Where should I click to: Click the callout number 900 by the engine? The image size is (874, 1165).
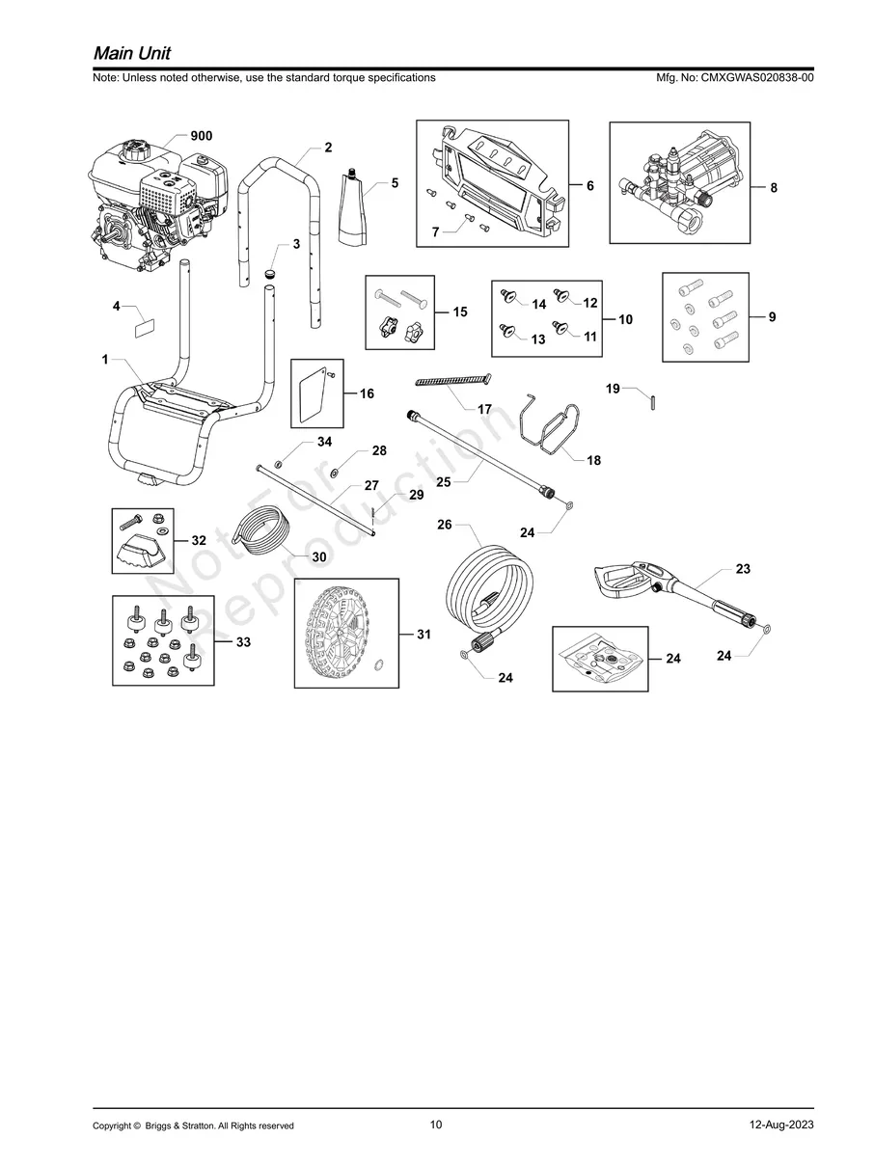[x=201, y=136]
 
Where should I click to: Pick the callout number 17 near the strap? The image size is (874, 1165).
[x=484, y=409]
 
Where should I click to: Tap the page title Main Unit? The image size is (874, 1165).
[x=132, y=51]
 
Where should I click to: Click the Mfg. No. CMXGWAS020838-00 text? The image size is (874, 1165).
[x=733, y=77]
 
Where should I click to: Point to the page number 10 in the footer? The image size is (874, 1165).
[x=436, y=1124]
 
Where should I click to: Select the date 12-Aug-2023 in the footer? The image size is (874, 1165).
[x=780, y=1125]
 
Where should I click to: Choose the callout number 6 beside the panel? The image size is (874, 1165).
[x=589, y=185]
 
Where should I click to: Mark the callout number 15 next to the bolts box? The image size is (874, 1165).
[x=459, y=312]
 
